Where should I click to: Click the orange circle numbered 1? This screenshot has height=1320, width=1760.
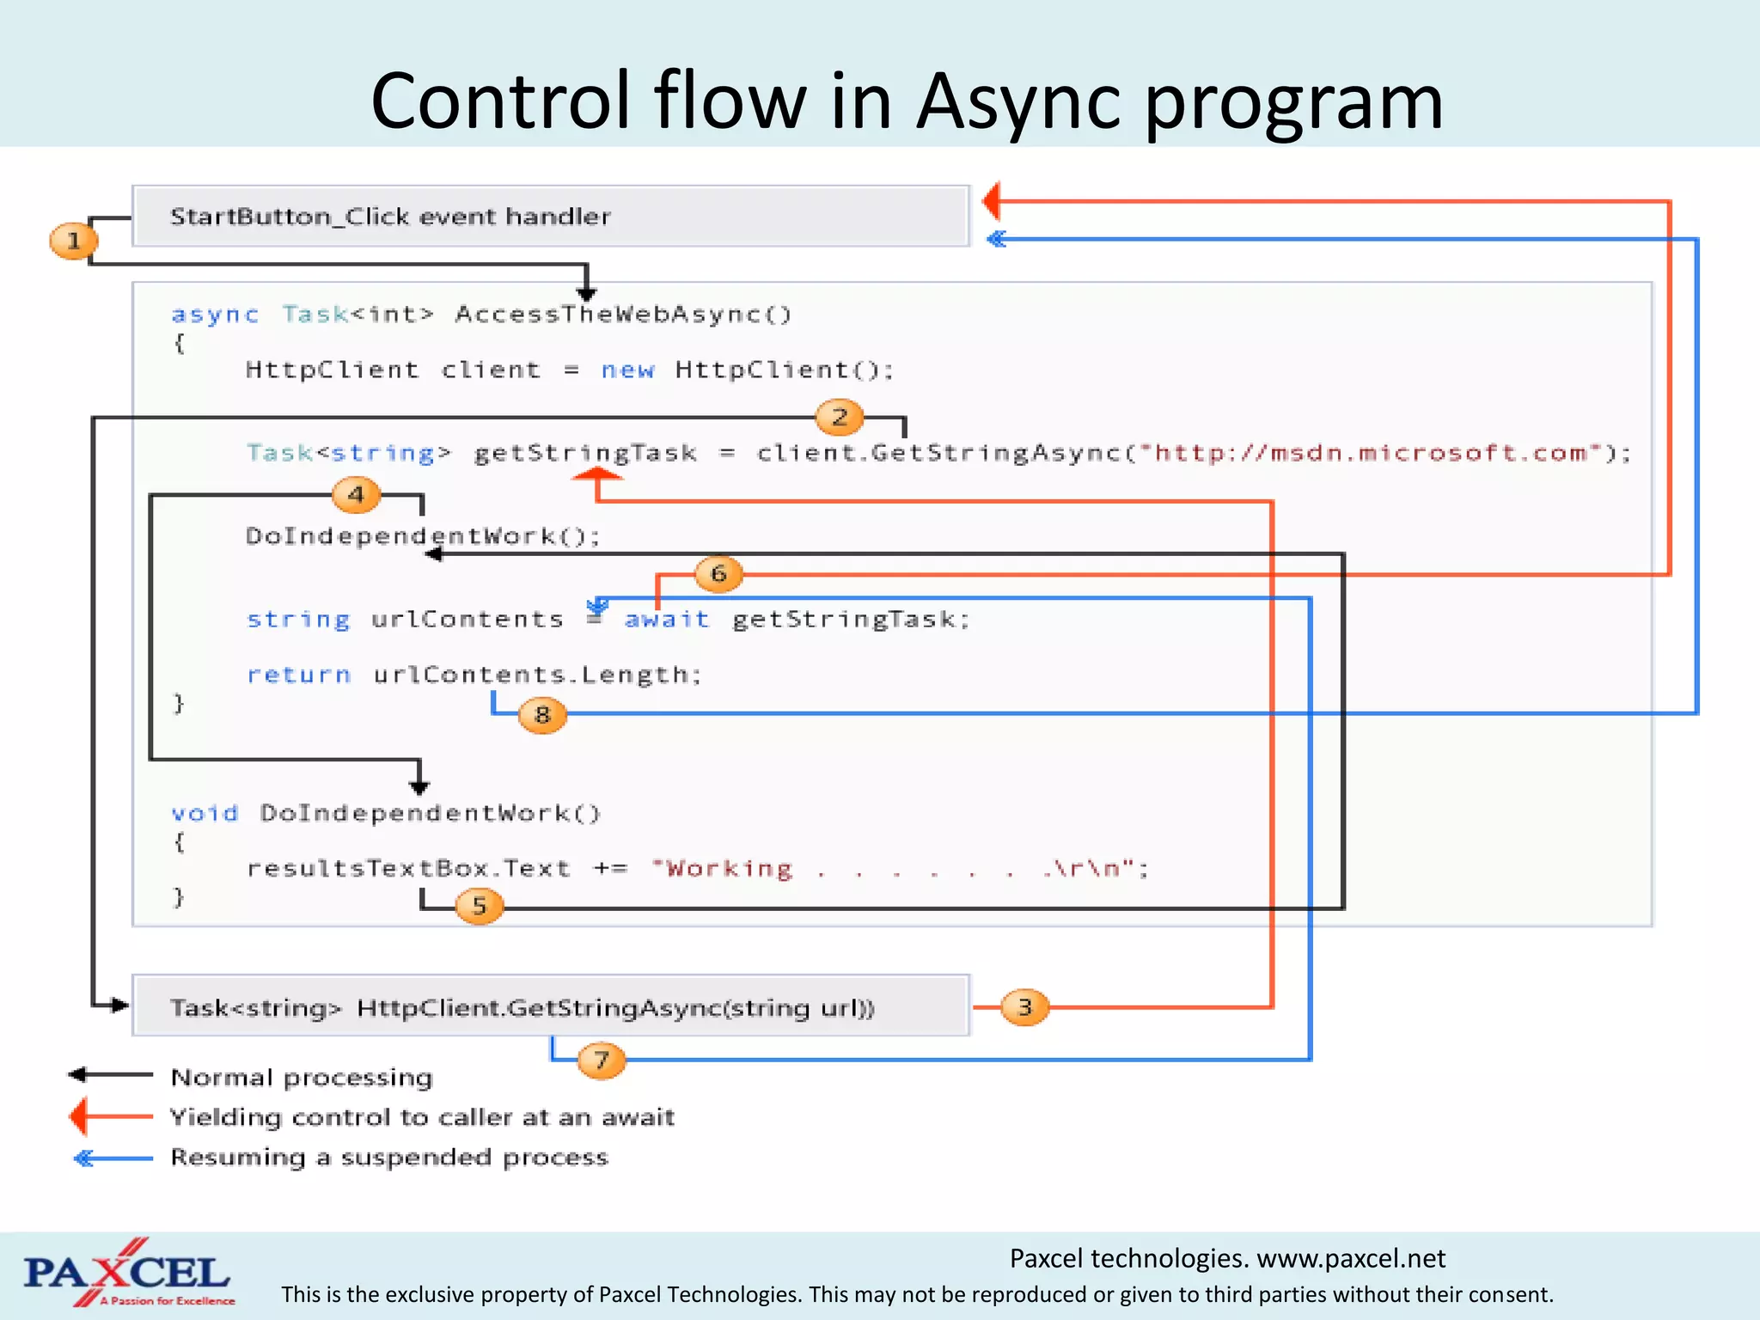click(x=73, y=241)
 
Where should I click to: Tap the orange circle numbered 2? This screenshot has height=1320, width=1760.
click(x=840, y=418)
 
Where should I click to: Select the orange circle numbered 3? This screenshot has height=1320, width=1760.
click(x=1024, y=1006)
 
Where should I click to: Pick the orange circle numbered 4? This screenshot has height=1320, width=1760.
click(x=356, y=494)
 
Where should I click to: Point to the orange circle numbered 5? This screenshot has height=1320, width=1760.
click(x=479, y=905)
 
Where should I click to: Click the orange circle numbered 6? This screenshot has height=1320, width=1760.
click(x=718, y=573)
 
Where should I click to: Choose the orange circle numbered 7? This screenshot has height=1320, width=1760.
click(x=601, y=1060)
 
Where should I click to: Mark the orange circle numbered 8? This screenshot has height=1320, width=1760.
click(x=542, y=714)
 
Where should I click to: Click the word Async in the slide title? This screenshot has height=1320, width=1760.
click(x=1019, y=101)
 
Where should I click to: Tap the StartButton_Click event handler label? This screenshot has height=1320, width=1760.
click(x=390, y=217)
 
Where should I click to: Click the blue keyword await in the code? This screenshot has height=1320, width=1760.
click(x=667, y=619)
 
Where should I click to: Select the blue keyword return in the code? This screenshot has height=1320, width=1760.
click(x=299, y=675)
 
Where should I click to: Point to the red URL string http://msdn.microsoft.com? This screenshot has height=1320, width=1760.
click(x=1370, y=453)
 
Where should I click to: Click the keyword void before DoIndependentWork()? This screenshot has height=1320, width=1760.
click(x=204, y=813)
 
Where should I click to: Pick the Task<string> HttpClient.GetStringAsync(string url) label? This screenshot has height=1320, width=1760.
click(x=522, y=1007)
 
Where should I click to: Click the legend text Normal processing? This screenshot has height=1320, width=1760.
click(x=302, y=1077)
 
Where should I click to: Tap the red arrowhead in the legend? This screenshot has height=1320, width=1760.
click(x=79, y=1116)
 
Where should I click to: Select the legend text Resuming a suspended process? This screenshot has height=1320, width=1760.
click(x=388, y=1157)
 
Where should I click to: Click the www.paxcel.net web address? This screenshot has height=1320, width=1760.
click(x=1350, y=1258)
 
